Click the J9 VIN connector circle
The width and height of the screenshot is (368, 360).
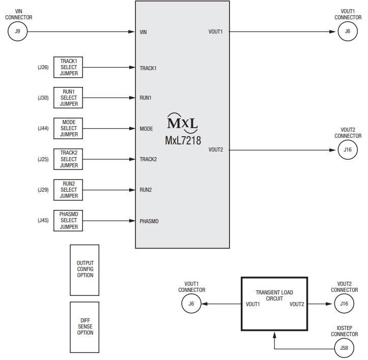tap(17, 32)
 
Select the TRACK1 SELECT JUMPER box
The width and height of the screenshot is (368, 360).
tap(68, 67)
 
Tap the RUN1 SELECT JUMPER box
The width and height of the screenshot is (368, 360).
tap(68, 98)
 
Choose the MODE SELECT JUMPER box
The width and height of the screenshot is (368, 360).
tap(68, 129)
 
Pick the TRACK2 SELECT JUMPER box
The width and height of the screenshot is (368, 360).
tap(68, 159)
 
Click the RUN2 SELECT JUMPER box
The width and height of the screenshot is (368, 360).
tap(68, 190)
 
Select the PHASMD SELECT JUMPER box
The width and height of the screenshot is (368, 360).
tap(68, 221)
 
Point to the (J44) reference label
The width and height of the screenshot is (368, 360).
tap(43, 129)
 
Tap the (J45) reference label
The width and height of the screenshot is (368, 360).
tap(43, 221)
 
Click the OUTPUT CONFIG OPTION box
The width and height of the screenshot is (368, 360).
tap(84, 269)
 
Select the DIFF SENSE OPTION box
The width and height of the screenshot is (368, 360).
tap(84, 327)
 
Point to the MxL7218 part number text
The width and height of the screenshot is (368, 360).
tap(183, 140)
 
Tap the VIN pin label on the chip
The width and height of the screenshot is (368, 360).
tap(144, 32)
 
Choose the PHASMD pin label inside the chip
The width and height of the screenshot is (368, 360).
tap(149, 221)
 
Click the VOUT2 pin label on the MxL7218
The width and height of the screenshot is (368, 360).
tap(215, 149)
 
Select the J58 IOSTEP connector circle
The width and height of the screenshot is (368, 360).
tap(344, 349)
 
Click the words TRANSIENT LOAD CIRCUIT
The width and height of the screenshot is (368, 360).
tap(274, 295)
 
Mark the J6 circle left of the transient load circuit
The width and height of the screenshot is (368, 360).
tap(191, 304)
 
